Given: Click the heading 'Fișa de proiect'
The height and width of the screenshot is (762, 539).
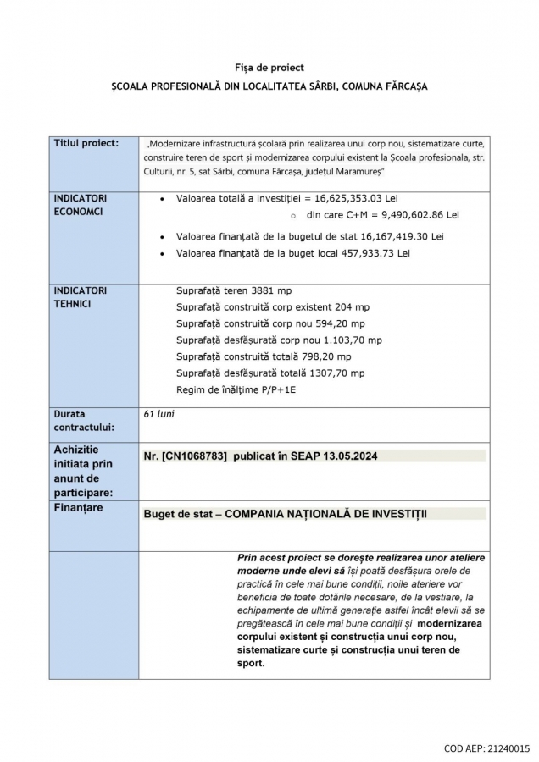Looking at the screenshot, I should (269, 67).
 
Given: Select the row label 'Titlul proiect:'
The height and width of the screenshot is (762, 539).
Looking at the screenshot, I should (86, 143).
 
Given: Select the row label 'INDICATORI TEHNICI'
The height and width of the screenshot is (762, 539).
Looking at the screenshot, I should (81, 296).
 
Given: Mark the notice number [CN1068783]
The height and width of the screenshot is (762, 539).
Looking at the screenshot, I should (194, 456).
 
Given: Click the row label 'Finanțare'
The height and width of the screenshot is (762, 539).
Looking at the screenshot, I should (78, 507).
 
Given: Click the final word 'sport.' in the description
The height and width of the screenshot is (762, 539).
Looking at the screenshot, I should (252, 664).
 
